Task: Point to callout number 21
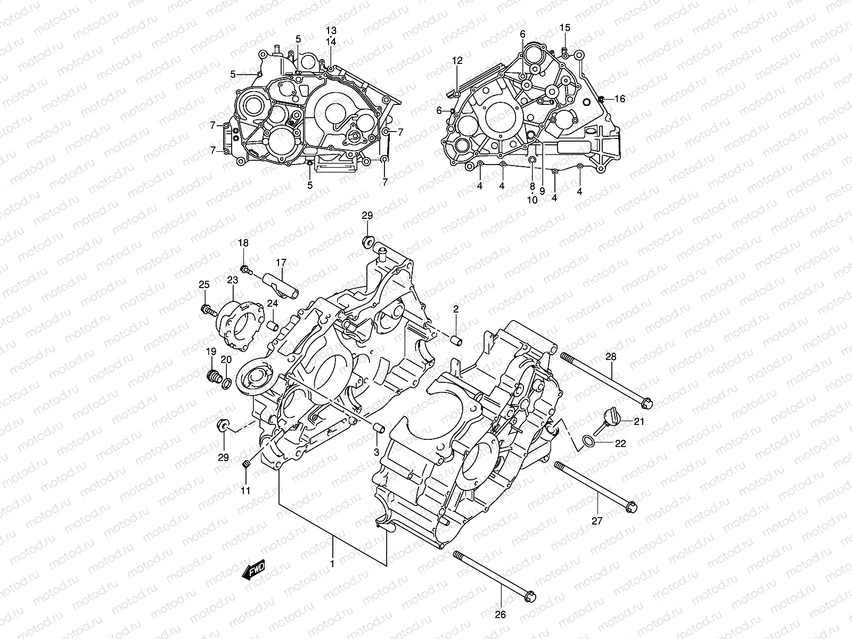(x=639, y=422)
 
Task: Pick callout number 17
(x=281, y=262)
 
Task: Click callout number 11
(x=245, y=490)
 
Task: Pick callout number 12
(x=458, y=61)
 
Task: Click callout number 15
(x=564, y=27)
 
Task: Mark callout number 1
(x=332, y=563)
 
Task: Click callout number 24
(x=273, y=304)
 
